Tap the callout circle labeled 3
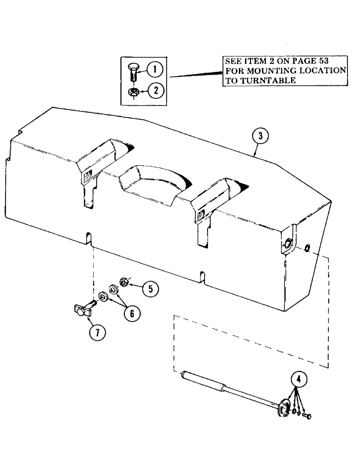260,137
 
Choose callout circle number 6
132,314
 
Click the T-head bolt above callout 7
82,309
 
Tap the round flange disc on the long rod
282,408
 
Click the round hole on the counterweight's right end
287,244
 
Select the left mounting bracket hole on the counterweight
87,178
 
